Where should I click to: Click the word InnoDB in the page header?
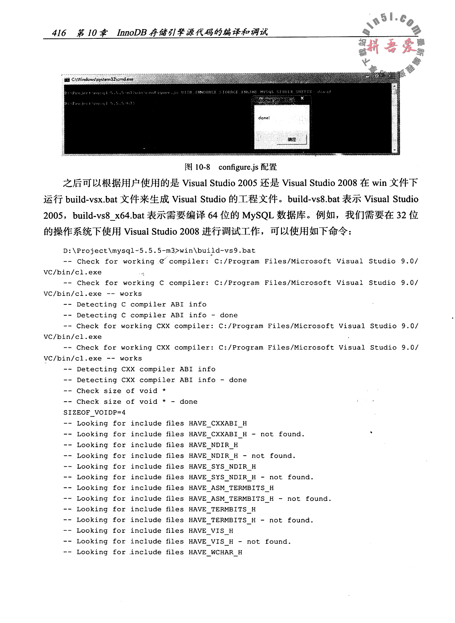pos(130,32)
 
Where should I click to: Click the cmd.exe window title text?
pos(102,79)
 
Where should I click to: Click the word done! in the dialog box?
pos(264,118)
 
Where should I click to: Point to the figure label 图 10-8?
pos(198,167)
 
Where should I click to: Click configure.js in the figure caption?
pos(238,167)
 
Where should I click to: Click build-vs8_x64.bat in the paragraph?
pos(109,215)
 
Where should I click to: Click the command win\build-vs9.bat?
pos(217,251)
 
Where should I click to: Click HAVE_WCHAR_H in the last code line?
pos(215,552)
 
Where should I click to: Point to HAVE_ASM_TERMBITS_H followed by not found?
pos(231,499)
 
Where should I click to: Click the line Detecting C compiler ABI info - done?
pos(150,315)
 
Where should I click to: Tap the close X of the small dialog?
pos(302,98)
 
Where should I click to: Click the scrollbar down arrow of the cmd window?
pos(394,150)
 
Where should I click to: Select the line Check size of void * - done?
pos(130,402)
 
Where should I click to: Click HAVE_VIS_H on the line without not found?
pos(211,531)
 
